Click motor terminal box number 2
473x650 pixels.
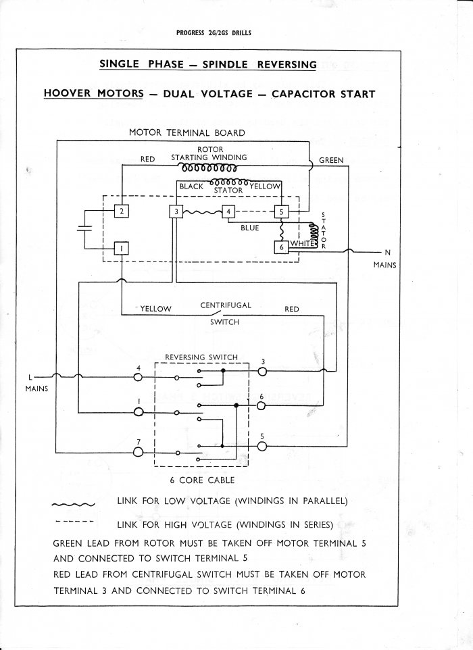pos(122,211)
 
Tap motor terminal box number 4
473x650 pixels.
pos(229,212)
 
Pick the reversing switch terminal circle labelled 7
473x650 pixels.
pos(139,452)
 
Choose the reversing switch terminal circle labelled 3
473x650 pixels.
pos(262,371)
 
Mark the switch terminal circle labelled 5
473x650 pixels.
pos(262,446)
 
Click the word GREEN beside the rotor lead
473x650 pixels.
pos(331,160)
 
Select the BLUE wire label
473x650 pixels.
pos(250,228)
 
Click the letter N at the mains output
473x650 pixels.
pos(388,253)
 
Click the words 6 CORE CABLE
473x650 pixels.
pos(202,480)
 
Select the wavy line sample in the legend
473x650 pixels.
pos(74,503)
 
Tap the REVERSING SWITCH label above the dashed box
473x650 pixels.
pos(201,357)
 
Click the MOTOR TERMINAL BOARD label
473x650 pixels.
pos(186,132)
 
